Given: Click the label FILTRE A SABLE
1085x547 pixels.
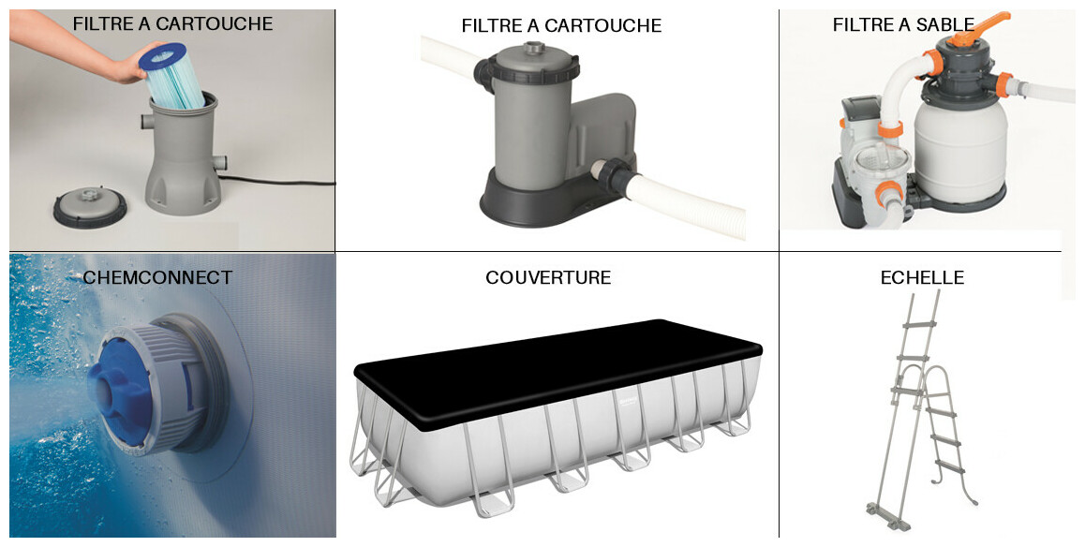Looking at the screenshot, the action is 903,25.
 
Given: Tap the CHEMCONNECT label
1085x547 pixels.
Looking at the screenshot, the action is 157,277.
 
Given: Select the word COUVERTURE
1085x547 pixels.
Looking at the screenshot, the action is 548,277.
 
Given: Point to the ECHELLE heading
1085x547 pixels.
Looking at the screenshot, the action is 922,277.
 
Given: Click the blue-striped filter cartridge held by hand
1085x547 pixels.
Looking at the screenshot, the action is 172,76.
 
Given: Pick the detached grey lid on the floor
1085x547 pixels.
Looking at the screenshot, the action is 90,206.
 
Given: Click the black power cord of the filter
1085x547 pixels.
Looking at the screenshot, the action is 276,182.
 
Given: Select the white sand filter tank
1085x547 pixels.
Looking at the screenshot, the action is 960,151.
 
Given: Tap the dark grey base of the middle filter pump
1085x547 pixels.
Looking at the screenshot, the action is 546,200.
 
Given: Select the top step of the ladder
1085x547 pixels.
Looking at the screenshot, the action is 919,324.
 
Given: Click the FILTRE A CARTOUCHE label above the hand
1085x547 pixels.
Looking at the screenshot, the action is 172,23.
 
